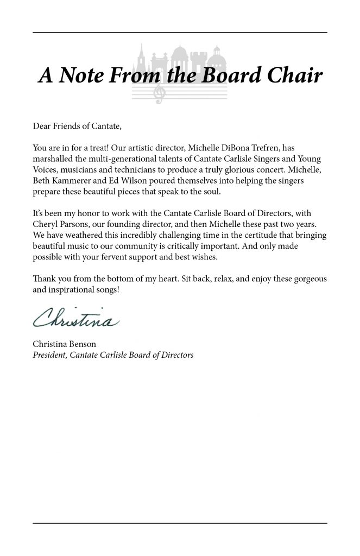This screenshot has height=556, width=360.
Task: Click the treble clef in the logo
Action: tap(160, 94)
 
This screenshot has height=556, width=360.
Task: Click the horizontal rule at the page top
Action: tap(180, 33)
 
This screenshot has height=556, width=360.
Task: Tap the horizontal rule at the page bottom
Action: tap(180, 523)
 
